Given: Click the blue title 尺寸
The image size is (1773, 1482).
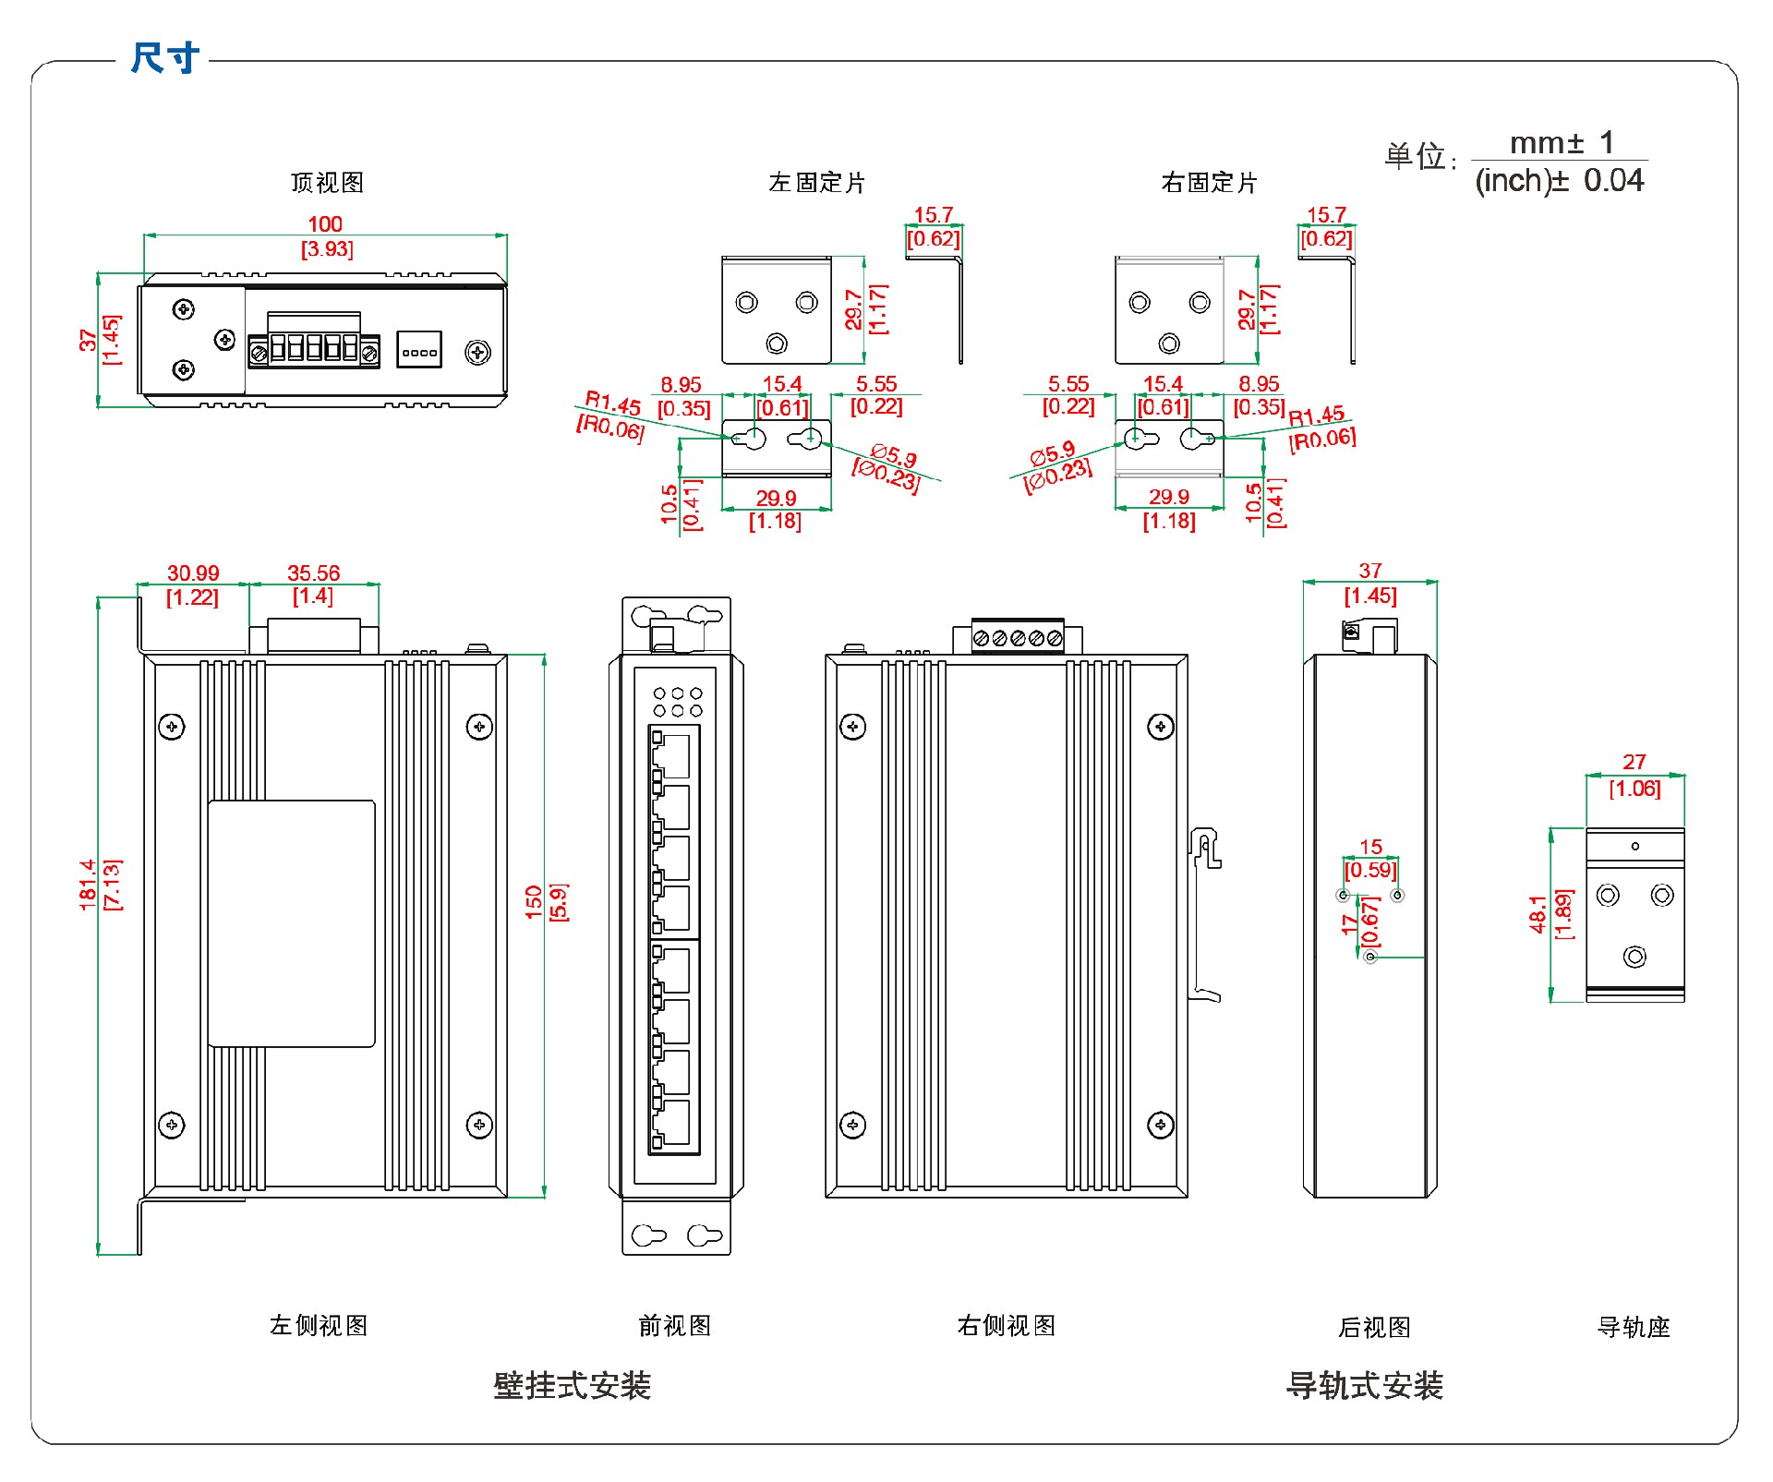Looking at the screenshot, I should [x=164, y=57].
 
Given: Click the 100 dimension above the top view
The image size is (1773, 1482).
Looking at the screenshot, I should [x=324, y=224].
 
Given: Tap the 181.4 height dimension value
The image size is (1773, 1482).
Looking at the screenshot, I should [x=88, y=885].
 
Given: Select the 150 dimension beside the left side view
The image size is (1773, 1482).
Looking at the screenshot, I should [x=534, y=901].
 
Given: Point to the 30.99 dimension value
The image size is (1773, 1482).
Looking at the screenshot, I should [x=193, y=573].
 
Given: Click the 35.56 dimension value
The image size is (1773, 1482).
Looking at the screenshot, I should [x=313, y=573].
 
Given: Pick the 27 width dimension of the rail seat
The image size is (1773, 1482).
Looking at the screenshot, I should [x=1634, y=763].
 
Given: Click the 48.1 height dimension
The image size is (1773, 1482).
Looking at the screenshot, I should [x=1538, y=914].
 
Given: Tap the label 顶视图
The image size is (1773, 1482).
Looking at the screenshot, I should [x=327, y=183].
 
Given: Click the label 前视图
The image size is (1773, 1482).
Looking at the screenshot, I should [x=675, y=1326].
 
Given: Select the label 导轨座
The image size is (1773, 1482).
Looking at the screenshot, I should [x=1634, y=1327].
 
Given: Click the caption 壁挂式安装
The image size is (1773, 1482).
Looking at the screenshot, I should [x=572, y=1385].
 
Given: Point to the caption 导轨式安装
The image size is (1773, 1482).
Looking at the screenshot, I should [x=1364, y=1385].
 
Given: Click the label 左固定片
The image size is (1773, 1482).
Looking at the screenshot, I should [x=816, y=183].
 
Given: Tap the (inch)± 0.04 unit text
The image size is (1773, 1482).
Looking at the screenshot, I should [x=1559, y=180].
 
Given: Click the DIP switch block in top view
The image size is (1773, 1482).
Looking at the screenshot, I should [x=419, y=351].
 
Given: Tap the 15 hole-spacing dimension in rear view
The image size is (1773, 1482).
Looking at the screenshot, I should [x=1370, y=847].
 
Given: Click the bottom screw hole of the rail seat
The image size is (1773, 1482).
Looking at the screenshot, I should [x=1634, y=957].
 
